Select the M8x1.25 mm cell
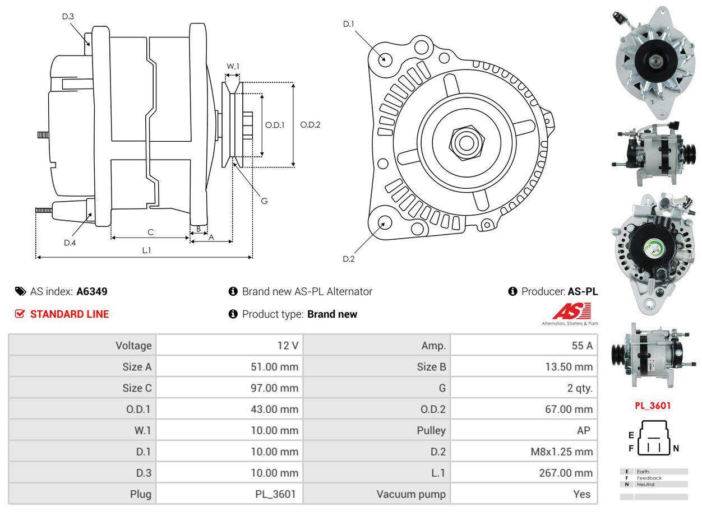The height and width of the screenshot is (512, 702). [x=561, y=452]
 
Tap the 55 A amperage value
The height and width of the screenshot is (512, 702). [x=581, y=346]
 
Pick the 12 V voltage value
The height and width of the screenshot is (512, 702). [x=288, y=346]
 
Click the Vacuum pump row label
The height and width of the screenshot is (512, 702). [x=411, y=494]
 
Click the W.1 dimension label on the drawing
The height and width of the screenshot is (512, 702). [x=233, y=66]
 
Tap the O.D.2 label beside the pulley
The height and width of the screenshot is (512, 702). [x=310, y=125]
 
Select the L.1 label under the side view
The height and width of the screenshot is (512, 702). [x=146, y=250]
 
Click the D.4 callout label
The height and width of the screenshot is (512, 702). [x=70, y=243]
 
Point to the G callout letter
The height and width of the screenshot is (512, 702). [x=264, y=201]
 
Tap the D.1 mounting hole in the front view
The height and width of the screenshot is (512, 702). [x=385, y=59]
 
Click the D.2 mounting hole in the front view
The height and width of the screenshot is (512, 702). [x=384, y=222]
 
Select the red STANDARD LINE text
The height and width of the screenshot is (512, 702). [x=70, y=314]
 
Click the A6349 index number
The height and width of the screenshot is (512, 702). [x=92, y=291]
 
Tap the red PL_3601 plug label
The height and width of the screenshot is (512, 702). [x=653, y=406]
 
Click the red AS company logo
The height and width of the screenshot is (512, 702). [x=571, y=311]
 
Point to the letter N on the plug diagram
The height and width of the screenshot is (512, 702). [x=676, y=448]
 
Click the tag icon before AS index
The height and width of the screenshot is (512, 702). [x=20, y=291]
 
